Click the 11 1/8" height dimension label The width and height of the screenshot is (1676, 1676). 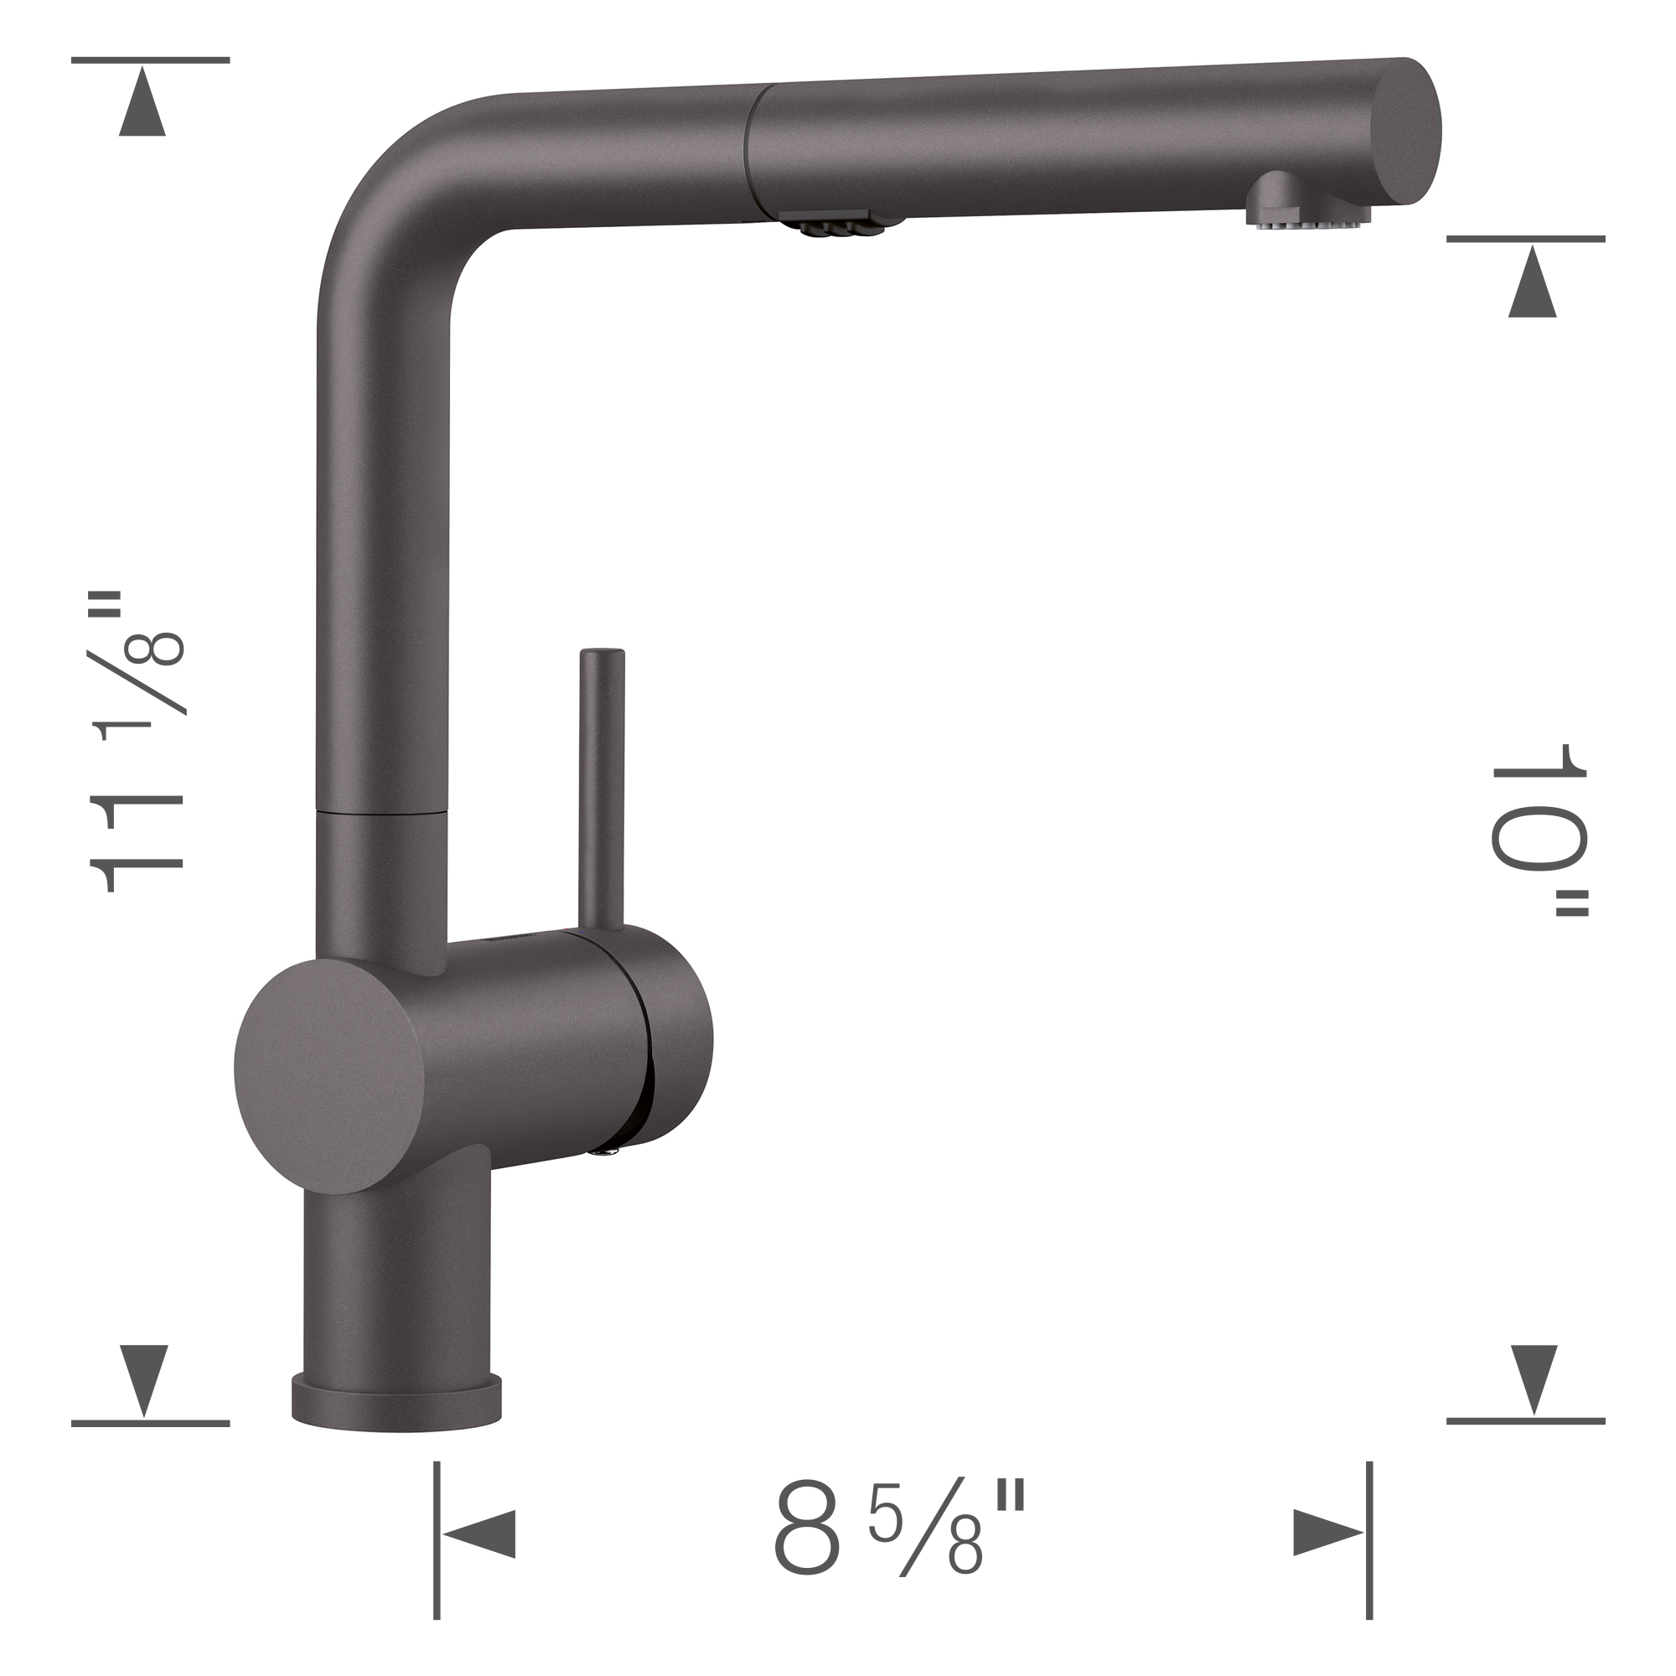click(x=139, y=742)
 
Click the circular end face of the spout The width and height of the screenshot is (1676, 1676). click(x=1406, y=129)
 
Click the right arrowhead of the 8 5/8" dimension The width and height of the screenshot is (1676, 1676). click(x=1327, y=1533)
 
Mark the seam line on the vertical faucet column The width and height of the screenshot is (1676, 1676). click(x=381, y=813)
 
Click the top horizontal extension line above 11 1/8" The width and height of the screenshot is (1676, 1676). click(x=150, y=59)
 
